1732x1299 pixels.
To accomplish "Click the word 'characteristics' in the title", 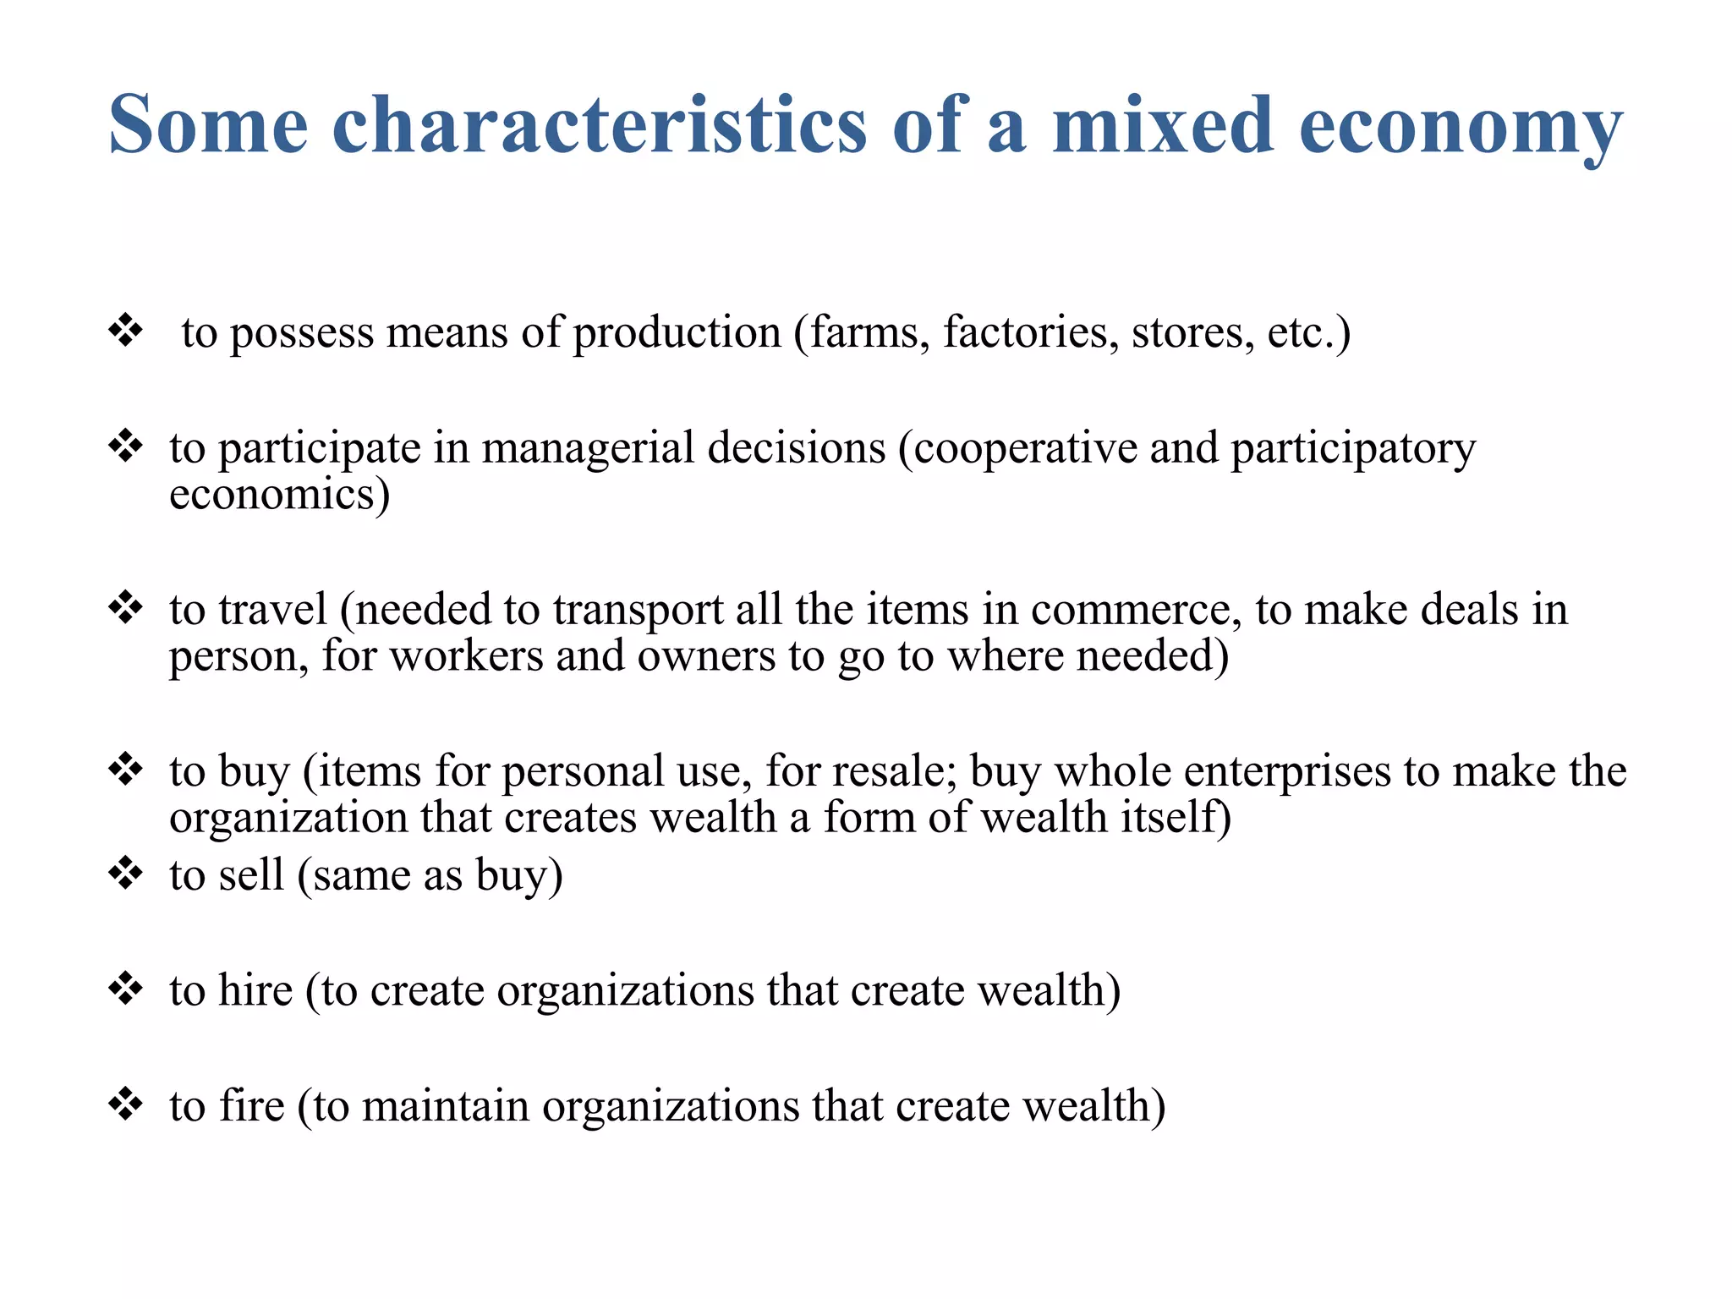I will (x=600, y=125).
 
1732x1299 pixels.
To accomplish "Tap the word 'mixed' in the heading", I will (x=1163, y=125).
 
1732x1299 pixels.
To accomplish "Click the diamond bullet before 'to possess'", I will (x=125, y=331).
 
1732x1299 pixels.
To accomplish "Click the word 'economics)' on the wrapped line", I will (x=279, y=494).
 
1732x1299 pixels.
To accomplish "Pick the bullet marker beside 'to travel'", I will (x=125, y=608).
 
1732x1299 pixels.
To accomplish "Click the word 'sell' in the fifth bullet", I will (x=251, y=874).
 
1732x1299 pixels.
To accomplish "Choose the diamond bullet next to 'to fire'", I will (x=125, y=1104).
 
